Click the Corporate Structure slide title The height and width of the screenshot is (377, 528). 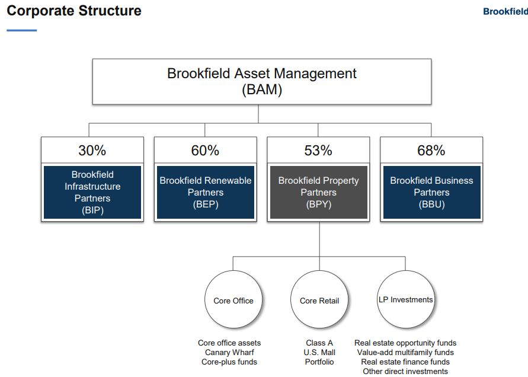click(74, 11)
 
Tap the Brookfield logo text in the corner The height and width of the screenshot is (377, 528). click(505, 11)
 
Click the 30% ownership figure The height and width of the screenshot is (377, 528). click(92, 150)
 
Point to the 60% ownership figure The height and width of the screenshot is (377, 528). click(205, 150)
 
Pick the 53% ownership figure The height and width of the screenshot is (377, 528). click(318, 150)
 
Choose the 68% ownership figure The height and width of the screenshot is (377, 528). click(431, 150)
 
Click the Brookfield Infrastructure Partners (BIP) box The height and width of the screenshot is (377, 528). click(92, 193)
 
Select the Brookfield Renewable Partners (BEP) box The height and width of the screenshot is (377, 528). click(206, 193)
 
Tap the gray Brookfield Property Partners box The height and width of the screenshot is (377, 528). click(319, 193)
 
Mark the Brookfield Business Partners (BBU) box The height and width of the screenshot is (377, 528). click(431, 193)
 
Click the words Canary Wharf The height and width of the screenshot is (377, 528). click(229, 353)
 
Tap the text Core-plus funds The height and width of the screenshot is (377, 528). click(229, 362)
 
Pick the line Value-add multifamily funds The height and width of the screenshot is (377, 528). click(405, 353)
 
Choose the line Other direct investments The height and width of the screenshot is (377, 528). click(405, 371)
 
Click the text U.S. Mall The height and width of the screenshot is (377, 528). click(319, 353)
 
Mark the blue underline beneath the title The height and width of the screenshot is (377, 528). click(21, 30)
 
